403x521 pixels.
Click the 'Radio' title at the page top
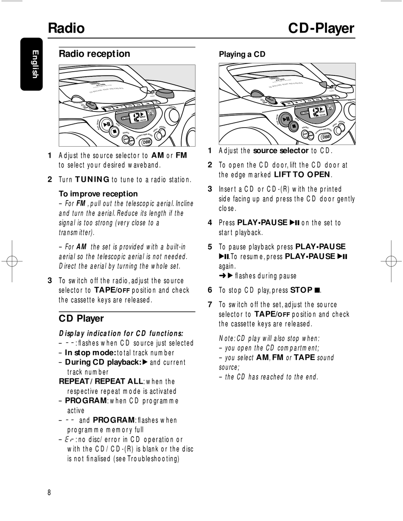(x=66, y=28)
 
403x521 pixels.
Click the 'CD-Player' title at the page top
(x=321, y=28)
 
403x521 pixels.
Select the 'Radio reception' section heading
(x=94, y=54)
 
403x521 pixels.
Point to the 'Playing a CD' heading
(x=242, y=54)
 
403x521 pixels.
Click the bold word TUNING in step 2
(x=92, y=179)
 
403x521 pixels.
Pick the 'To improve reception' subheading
(x=98, y=194)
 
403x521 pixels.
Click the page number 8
(x=49, y=492)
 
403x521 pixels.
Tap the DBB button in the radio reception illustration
(x=147, y=142)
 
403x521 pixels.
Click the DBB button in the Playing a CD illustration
(x=326, y=137)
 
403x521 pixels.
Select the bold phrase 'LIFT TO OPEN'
(x=302, y=175)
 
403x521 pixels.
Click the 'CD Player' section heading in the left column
(x=81, y=318)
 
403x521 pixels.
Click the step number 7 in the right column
(x=210, y=304)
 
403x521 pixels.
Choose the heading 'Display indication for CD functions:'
(x=121, y=333)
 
